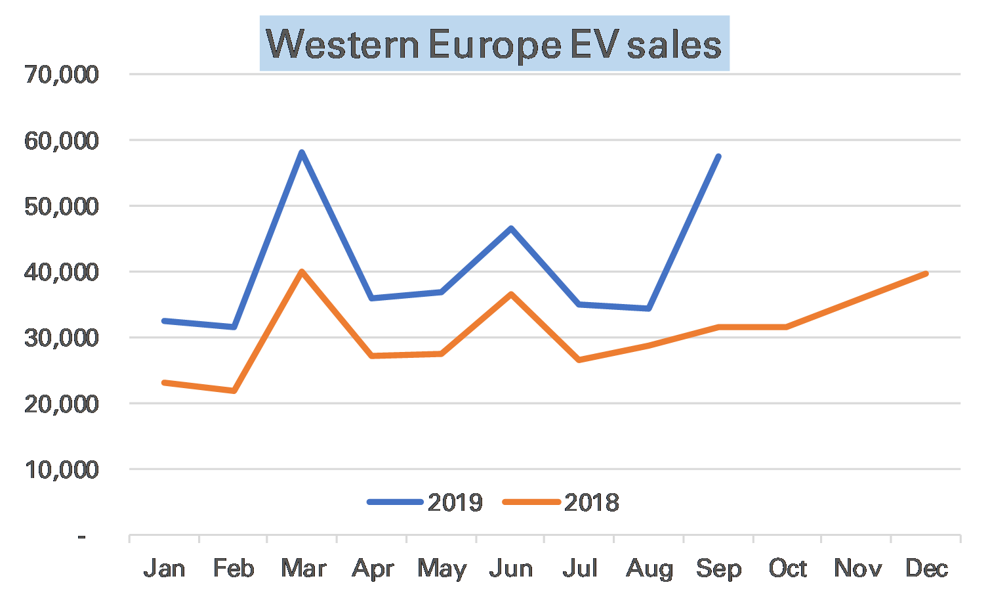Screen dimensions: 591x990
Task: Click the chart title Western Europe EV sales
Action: tap(494, 44)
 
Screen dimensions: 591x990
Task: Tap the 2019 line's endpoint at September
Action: tap(719, 156)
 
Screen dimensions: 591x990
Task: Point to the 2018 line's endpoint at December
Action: tap(926, 273)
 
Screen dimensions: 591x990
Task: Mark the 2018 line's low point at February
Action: tap(233, 391)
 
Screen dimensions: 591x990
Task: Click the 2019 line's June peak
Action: tap(510, 228)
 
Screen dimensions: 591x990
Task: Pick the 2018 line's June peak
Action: tap(510, 294)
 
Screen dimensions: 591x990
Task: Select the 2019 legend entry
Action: tap(426, 502)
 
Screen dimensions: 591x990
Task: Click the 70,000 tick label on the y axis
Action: tap(62, 74)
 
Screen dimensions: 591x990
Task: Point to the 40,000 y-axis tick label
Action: tap(62, 272)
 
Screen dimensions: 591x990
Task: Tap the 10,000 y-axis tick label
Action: tap(62, 470)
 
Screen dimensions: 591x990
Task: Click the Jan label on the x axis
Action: tap(164, 568)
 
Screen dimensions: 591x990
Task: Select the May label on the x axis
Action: tap(442, 568)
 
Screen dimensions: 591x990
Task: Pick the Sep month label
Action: tap(718, 568)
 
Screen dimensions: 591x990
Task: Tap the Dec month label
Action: tap(926, 568)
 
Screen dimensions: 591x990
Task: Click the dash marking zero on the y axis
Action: tap(82, 536)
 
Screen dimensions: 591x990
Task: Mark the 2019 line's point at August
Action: tap(649, 308)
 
